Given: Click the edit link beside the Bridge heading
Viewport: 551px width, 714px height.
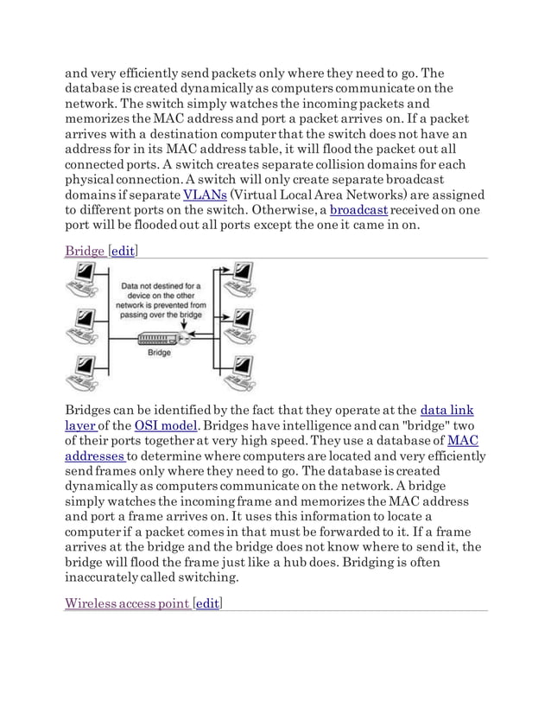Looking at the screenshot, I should (122, 251).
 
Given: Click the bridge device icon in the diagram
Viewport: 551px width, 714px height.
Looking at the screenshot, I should (161, 339).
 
